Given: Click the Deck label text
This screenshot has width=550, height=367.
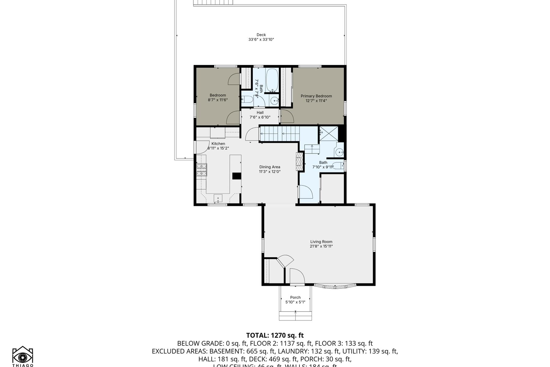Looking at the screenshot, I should click(x=261, y=35).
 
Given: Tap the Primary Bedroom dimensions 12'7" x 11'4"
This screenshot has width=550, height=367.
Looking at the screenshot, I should click(x=316, y=101).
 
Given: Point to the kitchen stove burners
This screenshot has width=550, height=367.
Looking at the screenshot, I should click(x=201, y=170).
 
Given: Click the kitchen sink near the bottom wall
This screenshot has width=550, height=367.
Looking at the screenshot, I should click(x=218, y=198).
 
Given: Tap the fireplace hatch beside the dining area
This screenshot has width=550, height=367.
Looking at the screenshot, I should click(x=299, y=161).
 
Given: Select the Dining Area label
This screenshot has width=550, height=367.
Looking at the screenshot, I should click(x=269, y=167).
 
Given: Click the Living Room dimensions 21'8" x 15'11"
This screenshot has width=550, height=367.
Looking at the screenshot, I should click(x=321, y=246).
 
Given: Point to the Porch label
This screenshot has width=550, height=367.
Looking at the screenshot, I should click(x=295, y=297).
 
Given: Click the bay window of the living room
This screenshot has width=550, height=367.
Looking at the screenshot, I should click(x=335, y=287).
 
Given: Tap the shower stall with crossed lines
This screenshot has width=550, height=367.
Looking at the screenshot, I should click(x=329, y=133).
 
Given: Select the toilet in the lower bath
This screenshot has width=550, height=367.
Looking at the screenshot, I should click(x=338, y=166).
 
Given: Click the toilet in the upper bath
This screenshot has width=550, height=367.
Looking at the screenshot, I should click(x=247, y=99).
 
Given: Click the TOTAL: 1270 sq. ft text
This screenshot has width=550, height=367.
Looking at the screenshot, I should click(x=275, y=335).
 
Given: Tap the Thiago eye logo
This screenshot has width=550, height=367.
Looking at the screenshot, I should click(x=23, y=357).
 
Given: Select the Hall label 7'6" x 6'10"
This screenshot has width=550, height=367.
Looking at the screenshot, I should click(x=260, y=115).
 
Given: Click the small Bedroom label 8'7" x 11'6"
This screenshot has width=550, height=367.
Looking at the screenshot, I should click(x=218, y=98).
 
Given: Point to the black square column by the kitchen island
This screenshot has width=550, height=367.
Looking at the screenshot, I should click(x=237, y=176).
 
